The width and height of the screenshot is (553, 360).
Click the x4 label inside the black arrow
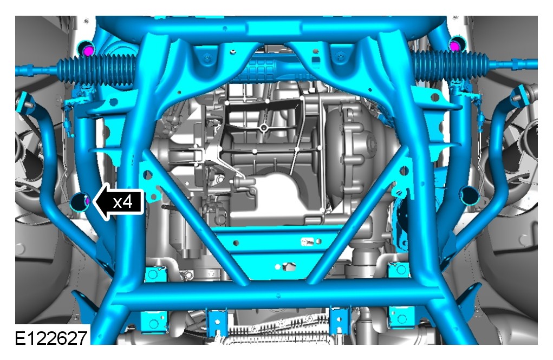coord(123,202)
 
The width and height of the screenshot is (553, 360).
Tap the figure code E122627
coord(51,338)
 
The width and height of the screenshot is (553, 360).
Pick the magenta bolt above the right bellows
coord(455,46)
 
